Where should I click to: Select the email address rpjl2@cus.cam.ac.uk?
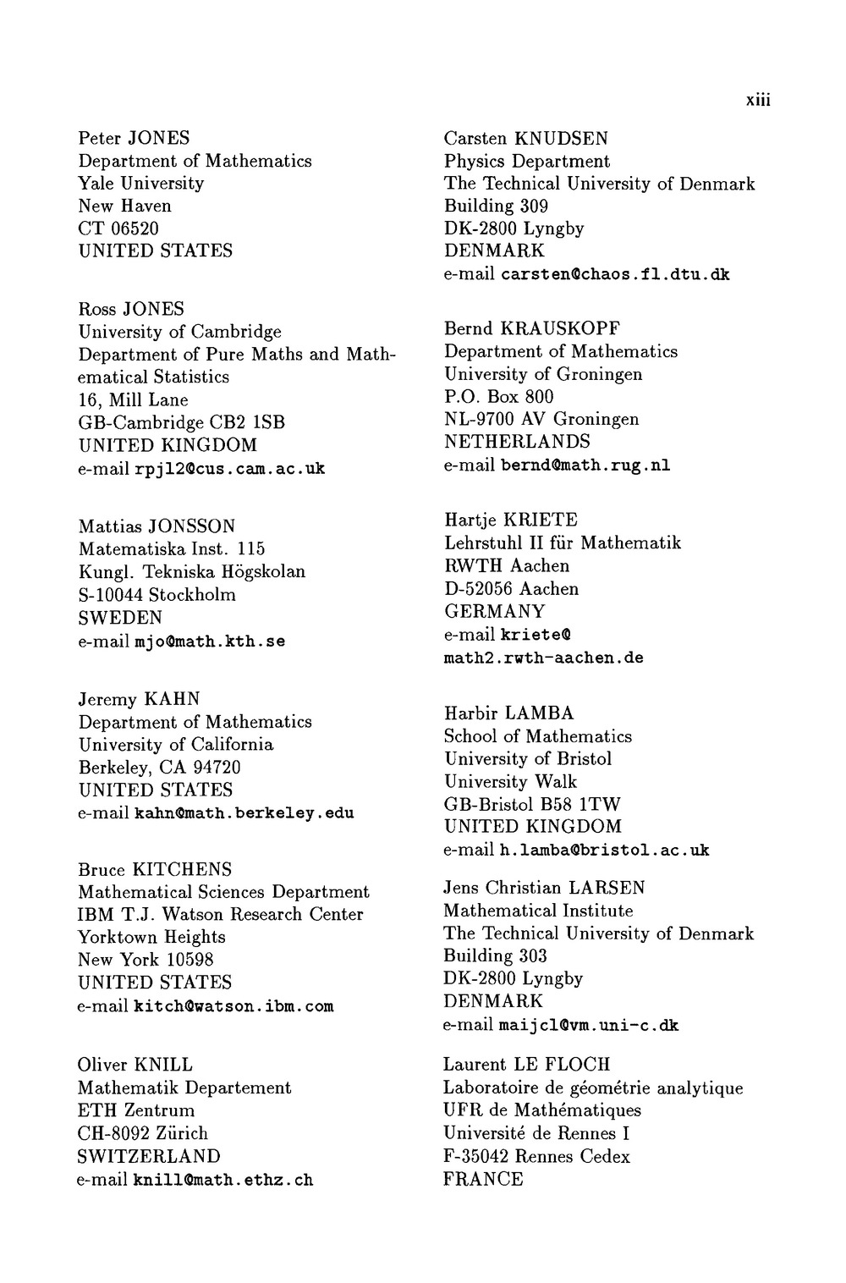point(229,469)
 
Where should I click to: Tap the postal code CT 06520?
point(118,229)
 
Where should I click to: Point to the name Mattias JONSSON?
point(157,526)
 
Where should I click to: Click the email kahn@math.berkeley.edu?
point(244,813)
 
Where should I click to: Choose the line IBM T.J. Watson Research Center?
point(221,915)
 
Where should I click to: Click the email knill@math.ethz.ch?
point(223,1180)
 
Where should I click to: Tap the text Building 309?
point(496,206)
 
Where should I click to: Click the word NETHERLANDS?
point(517,442)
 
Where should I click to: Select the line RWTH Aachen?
point(507,565)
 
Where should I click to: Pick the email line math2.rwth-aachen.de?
point(543,658)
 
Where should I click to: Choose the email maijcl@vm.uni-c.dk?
point(589,1026)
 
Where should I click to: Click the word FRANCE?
point(483,1179)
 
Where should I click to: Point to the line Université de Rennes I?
point(536,1133)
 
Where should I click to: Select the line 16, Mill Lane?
point(133,400)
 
